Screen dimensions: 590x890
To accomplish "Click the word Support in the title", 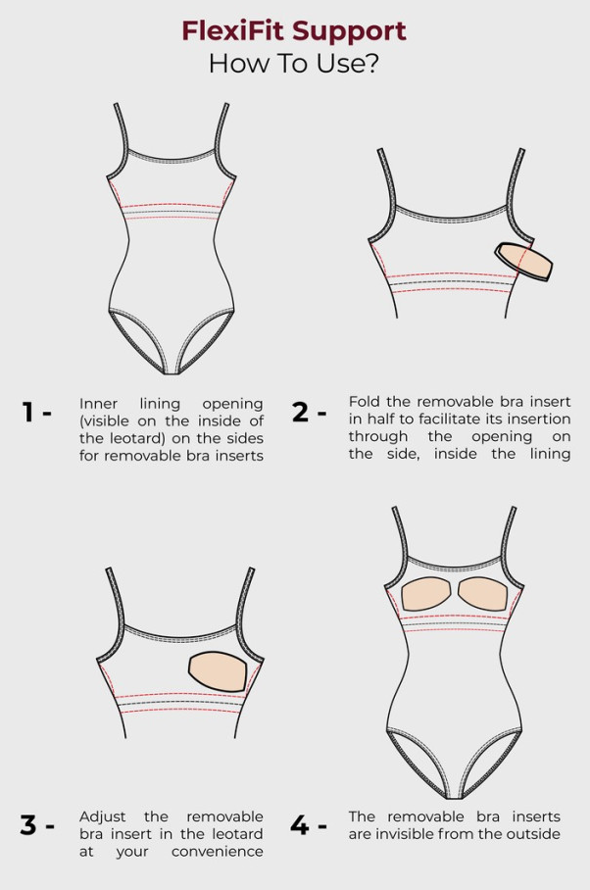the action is click(x=350, y=32).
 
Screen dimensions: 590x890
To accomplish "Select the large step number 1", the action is click(x=27, y=412).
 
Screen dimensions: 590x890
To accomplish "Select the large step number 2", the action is click(x=300, y=412).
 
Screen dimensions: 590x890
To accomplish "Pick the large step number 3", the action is click(x=28, y=824).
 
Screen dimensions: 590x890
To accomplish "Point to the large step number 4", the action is click(x=300, y=824).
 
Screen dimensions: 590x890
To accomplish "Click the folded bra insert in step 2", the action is click(x=523, y=261).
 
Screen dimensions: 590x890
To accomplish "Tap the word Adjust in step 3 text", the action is click(x=103, y=817).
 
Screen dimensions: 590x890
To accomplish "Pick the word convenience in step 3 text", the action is click(x=218, y=852).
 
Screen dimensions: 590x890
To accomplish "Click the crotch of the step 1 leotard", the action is click(x=172, y=371).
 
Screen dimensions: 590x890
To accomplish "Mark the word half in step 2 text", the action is click(x=379, y=419).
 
